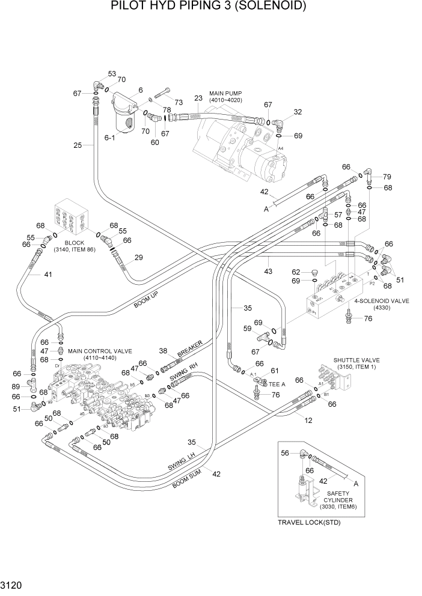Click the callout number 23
click(x=198, y=98)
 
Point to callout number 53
click(x=112, y=74)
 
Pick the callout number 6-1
click(x=110, y=138)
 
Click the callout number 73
click(x=179, y=102)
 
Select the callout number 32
click(x=298, y=112)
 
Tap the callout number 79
click(x=387, y=177)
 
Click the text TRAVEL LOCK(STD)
click(x=309, y=522)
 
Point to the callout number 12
click(x=308, y=421)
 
